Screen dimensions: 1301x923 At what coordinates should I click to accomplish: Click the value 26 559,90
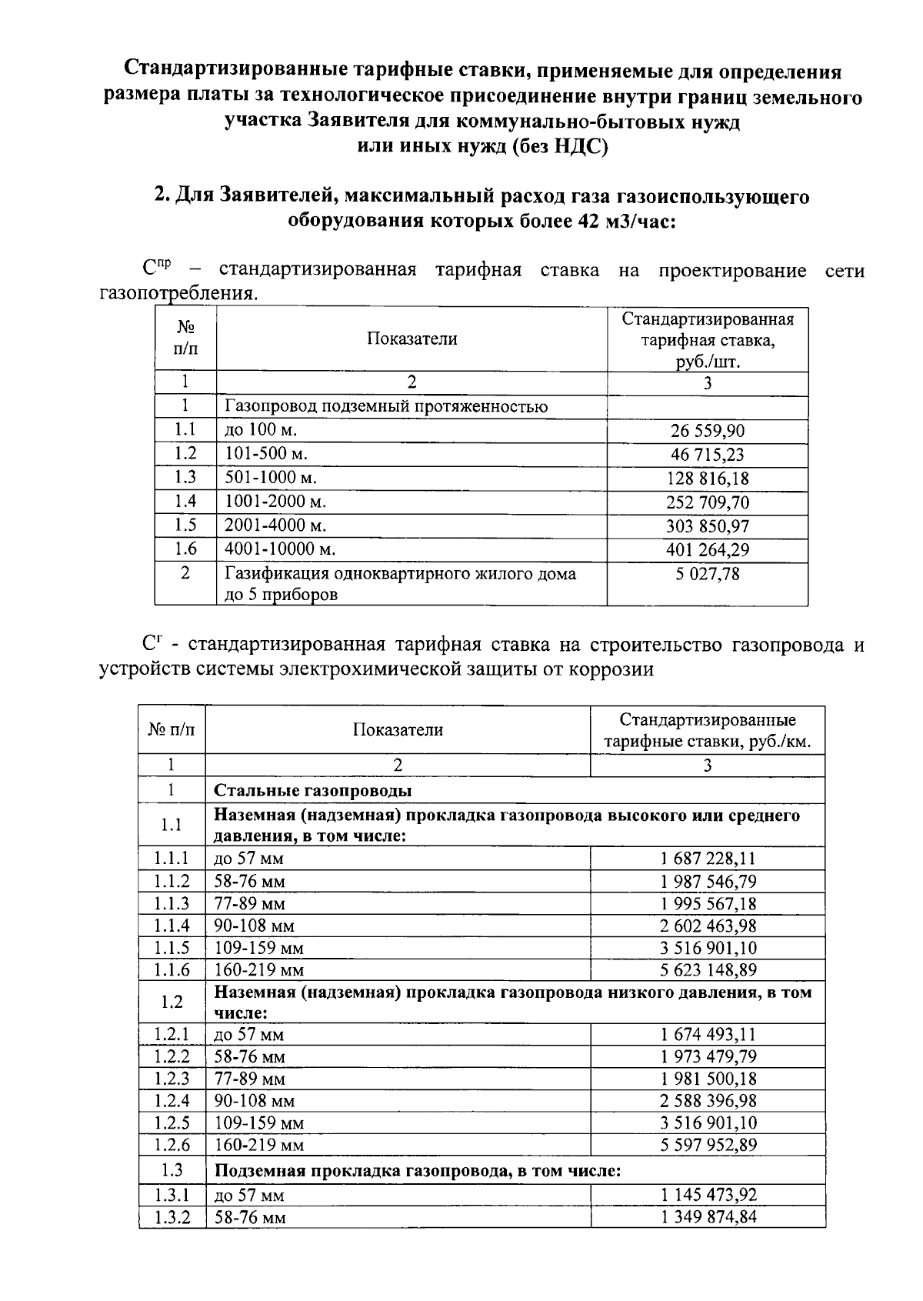pyautogui.click(x=707, y=431)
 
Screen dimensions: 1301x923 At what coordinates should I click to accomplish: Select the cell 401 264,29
pyautogui.click(x=707, y=550)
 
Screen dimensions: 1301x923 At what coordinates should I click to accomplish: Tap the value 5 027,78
pyautogui.click(x=707, y=574)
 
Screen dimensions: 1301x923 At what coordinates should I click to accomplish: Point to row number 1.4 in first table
pyautogui.click(x=185, y=502)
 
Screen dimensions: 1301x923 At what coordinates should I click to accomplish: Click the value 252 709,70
pyautogui.click(x=707, y=502)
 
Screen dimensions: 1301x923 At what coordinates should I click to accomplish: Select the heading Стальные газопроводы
pyautogui.click(x=312, y=790)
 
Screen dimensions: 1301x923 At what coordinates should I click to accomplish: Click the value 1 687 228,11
pyautogui.click(x=708, y=859)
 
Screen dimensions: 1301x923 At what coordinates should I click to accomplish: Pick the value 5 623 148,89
pyautogui.click(x=708, y=969)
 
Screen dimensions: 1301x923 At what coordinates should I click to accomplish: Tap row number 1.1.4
pyautogui.click(x=172, y=926)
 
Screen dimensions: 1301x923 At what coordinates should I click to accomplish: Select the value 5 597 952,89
pyautogui.click(x=708, y=1145)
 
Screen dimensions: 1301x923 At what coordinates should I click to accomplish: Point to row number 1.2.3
pyautogui.click(x=172, y=1079)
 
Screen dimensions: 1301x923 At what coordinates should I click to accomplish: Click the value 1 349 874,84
pyautogui.click(x=708, y=1218)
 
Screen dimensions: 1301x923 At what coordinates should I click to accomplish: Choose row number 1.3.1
pyautogui.click(x=172, y=1195)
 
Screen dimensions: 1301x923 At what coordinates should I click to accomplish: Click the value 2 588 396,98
pyautogui.click(x=708, y=1101)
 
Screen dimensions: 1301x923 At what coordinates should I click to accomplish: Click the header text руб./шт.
pyautogui.click(x=707, y=362)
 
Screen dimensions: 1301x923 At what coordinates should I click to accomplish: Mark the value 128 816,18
pyautogui.click(x=707, y=479)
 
